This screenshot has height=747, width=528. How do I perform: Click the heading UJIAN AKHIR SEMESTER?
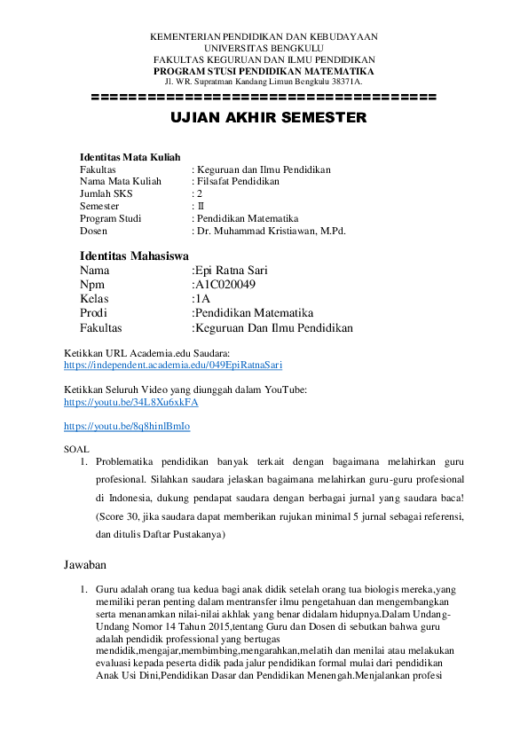click(x=264, y=117)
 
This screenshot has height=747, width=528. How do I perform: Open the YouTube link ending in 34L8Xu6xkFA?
click(x=131, y=402)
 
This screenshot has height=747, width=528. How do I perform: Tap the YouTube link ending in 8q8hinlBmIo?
click(x=127, y=426)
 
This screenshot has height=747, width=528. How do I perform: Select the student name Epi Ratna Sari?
click(x=231, y=271)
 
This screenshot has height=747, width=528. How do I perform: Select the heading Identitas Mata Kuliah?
click(x=130, y=156)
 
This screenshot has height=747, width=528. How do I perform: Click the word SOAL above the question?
click(x=77, y=450)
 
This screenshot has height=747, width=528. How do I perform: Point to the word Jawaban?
click(x=85, y=564)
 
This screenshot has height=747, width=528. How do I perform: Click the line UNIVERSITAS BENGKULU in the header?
click(x=264, y=48)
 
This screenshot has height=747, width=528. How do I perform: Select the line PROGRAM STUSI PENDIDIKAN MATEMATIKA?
click(x=264, y=70)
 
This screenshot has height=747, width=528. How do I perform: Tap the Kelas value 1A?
click(x=202, y=299)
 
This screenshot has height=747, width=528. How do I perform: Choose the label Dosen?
click(x=93, y=231)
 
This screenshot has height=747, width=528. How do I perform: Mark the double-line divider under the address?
click(x=264, y=97)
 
